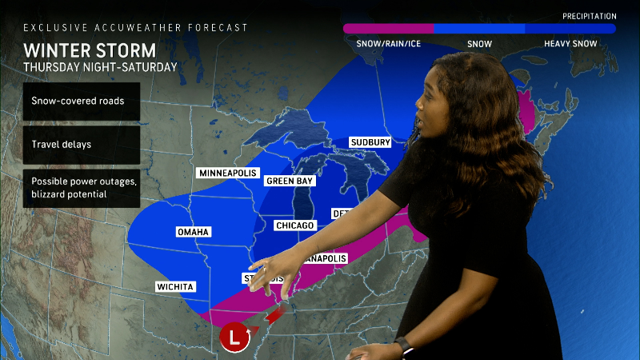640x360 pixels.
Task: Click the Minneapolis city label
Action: pyautogui.click(x=227, y=173)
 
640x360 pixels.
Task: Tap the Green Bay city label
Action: pyautogui.click(x=289, y=181)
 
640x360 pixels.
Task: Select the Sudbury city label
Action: pyautogui.click(x=370, y=142)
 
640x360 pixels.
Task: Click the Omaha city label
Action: pyautogui.click(x=193, y=232)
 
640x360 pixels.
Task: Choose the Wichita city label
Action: pyautogui.click(x=176, y=286)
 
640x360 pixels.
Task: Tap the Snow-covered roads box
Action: pyautogui.click(x=82, y=102)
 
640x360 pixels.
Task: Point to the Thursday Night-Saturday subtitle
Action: pyautogui.click(x=100, y=67)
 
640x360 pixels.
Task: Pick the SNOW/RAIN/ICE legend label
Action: pyautogui.click(x=387, y=44)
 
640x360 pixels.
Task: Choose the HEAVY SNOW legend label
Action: pyautogui.click(x=570, y=44)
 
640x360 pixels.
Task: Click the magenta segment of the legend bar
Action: pyautogui.click(x=388, y=28)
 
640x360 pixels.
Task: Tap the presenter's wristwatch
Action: pyautogui.click(x=402, y=346)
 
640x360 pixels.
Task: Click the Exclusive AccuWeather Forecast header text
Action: pyautogui.click(x=135, y=27)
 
